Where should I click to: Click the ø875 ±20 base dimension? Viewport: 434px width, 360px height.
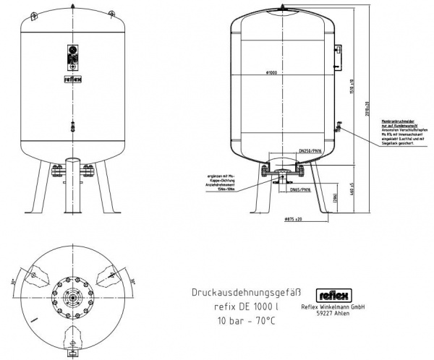pyautogui.click(x=292, y=218)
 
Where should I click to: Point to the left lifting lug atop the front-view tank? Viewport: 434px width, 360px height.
pyautogui.click(x=35, y=15)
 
